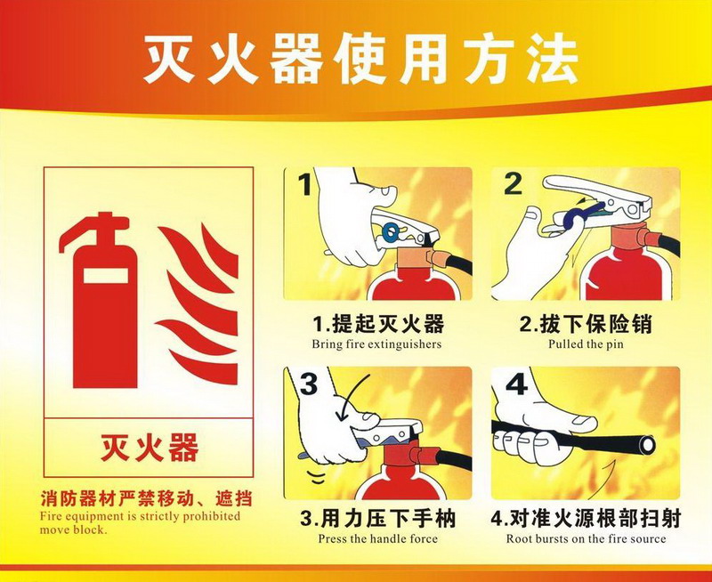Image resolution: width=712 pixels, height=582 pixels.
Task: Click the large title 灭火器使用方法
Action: (361, 59)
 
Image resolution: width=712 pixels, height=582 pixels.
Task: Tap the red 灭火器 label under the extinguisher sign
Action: (150, 447)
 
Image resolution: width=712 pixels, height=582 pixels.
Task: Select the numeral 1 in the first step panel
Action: (305, 185)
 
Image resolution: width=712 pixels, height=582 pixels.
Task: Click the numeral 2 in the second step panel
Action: (514, 184)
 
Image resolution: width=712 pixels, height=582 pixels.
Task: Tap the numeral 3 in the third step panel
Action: (308, 384)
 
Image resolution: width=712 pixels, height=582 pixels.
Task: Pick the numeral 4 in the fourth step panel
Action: (516, 384)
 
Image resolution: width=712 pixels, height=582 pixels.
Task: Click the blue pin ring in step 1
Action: (390, 232)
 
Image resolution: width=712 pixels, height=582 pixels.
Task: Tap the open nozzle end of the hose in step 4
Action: (647, 445)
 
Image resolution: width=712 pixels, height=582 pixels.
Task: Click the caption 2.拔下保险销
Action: (586, 325)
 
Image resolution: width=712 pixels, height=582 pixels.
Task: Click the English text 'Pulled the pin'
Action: (586, 344)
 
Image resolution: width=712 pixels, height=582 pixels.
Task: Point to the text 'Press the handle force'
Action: (377, 539)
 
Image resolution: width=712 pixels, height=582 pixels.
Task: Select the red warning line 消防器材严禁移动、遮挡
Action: (146, 499)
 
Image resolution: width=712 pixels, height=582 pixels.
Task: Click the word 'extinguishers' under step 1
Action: (404, 344)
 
